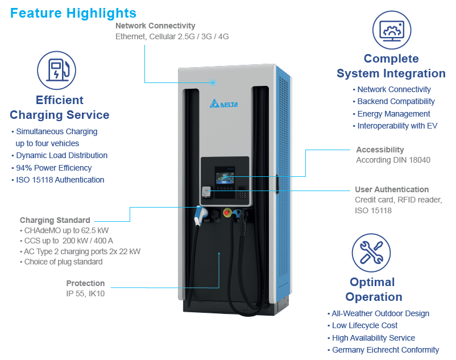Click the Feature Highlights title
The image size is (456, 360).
click(73, 13)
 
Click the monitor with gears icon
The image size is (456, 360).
click(391, 28)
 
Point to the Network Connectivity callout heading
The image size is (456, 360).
click(155, 26)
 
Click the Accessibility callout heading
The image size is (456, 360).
click(380, 150)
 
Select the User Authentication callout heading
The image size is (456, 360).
click(392, 189)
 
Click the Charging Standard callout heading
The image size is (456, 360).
click(55, 220)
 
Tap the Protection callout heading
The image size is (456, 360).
click(85, 283)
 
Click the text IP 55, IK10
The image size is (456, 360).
click(85, 293)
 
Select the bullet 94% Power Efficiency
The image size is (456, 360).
click(53, 168)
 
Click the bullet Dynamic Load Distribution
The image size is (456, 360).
click(61, 155)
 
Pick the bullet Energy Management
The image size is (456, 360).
click(393, 114)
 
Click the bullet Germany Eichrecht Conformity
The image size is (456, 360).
click(385, 350)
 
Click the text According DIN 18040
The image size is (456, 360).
click(393, 160)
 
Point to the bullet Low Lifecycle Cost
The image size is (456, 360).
click(364, 325)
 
